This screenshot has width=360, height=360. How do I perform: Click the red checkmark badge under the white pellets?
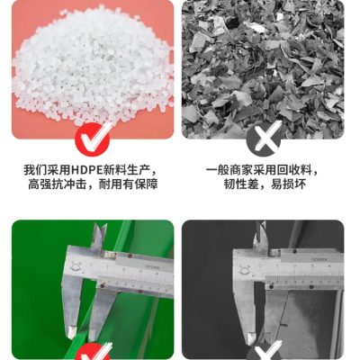click(93, 140)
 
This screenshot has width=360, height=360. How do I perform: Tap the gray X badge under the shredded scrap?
click(265, 139)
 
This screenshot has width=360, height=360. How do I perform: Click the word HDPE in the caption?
click(86, 170)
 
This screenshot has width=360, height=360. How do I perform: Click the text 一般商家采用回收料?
click(259, 170)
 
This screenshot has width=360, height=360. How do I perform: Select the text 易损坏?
click(288, 184)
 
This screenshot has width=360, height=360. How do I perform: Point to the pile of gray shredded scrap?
click(263, 69)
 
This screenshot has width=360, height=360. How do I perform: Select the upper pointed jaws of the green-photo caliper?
click(99, 236)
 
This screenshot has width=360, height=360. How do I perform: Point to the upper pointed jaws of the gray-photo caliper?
click(260, 237)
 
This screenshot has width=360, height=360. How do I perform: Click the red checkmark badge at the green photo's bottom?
click(94, 354)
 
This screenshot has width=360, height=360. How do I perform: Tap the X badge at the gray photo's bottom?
click(265, 353)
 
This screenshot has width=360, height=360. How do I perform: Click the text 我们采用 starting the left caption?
click(47, 170)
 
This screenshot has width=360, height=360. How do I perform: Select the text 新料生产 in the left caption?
click(126, 170)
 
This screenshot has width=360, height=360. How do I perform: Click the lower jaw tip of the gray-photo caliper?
click(251, 338)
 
